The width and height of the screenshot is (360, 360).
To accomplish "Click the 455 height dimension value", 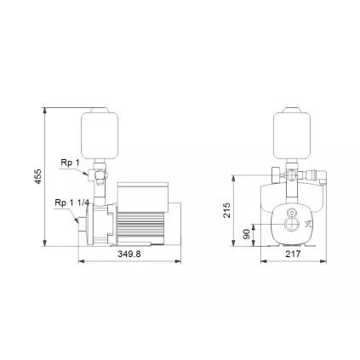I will (x=38, y=176).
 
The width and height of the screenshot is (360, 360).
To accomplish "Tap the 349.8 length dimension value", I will (x=129, y=253).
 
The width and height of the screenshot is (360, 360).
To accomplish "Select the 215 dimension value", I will (x=227, y=209).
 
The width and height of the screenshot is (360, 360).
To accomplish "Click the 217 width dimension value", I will (x=291, y=253).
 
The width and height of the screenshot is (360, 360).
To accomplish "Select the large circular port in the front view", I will (x=291, y=226).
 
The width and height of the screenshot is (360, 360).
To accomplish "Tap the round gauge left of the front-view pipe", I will (x=273, y=180).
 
